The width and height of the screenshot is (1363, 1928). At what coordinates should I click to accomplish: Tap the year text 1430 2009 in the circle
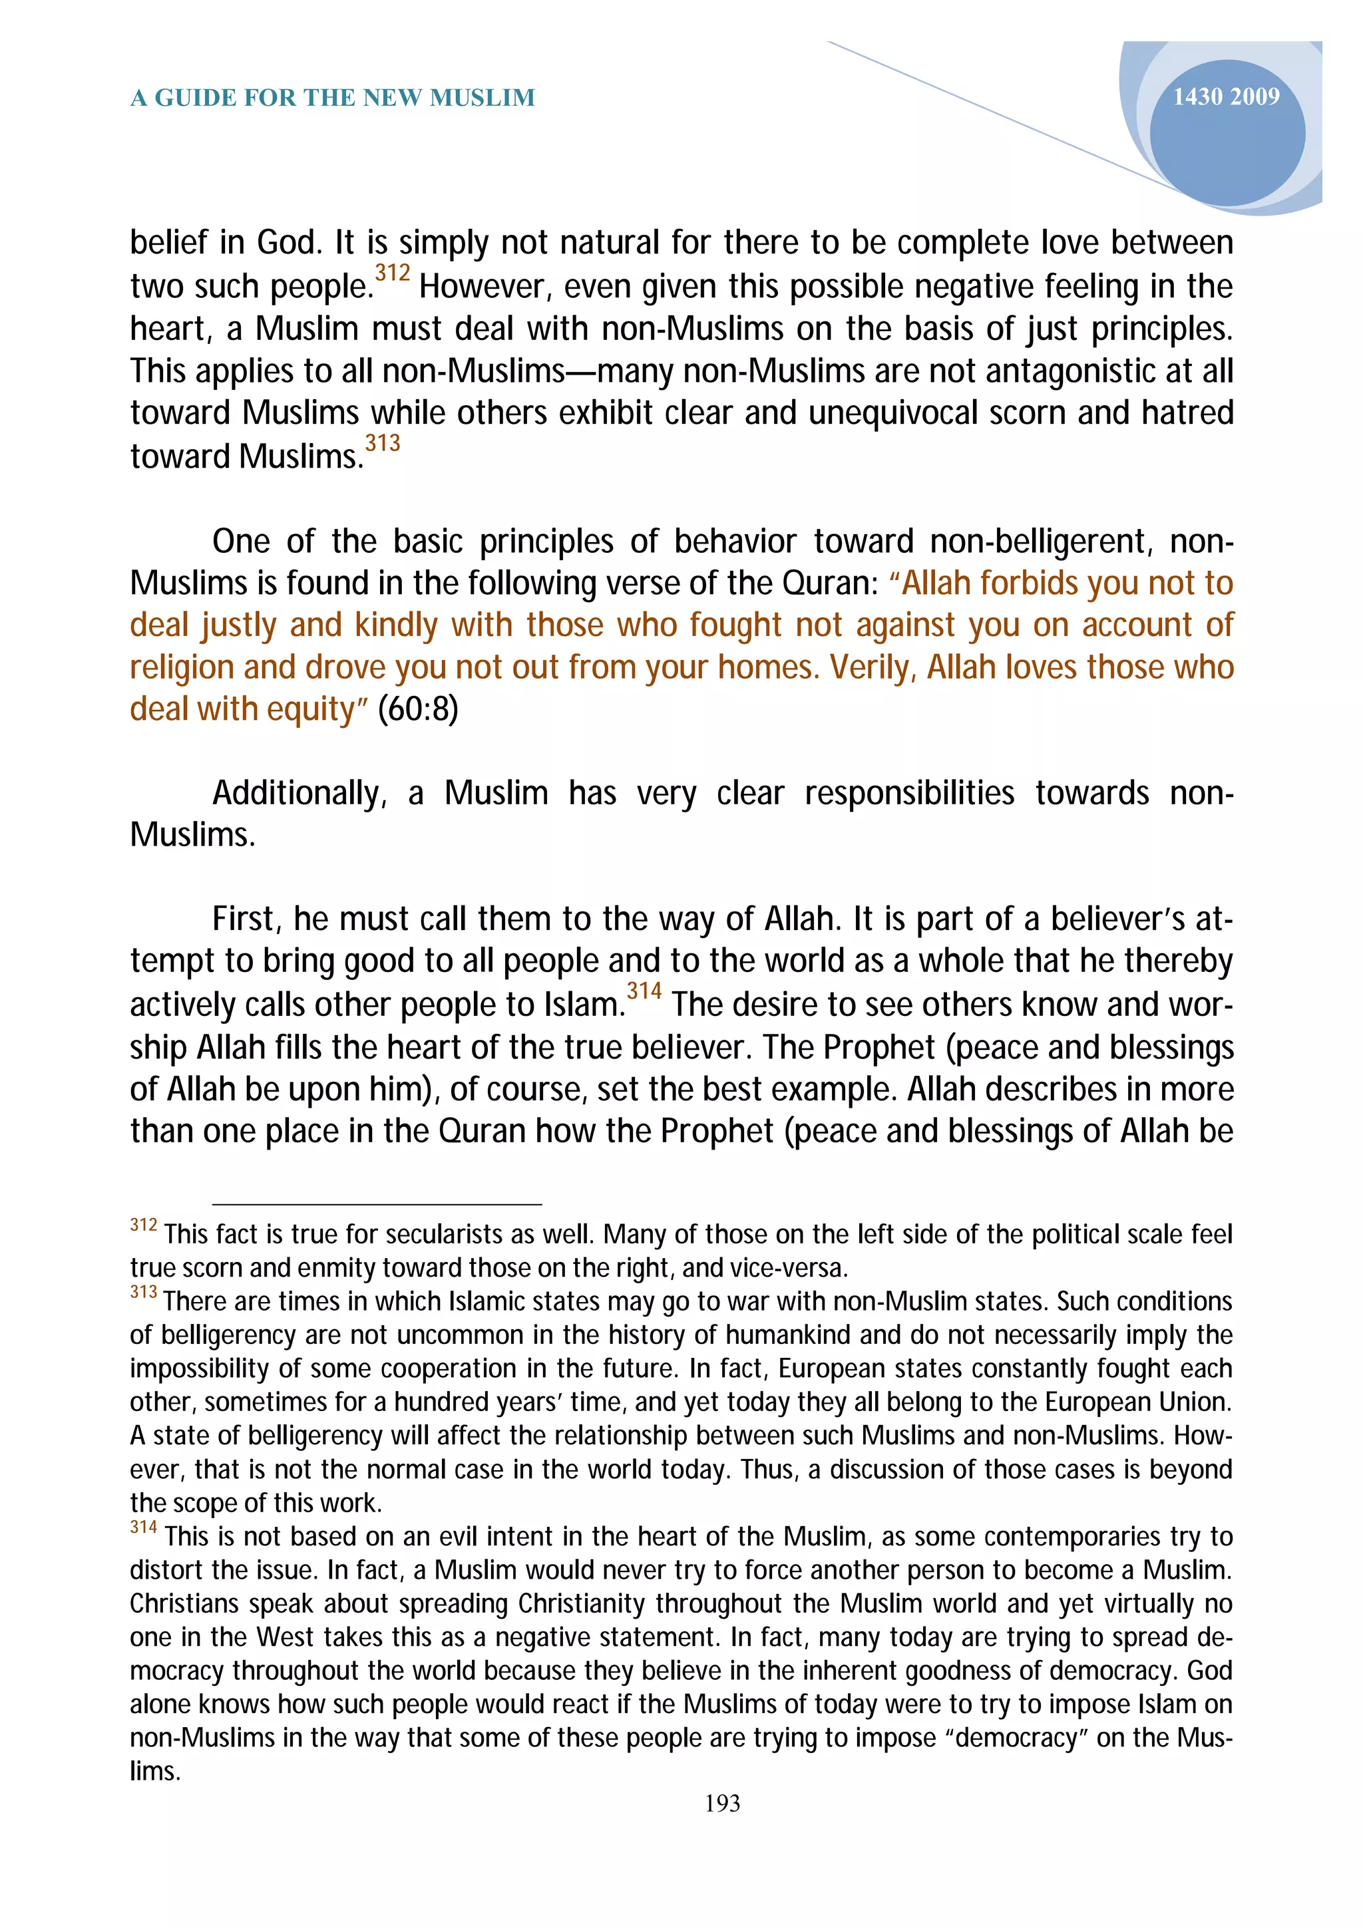1225,96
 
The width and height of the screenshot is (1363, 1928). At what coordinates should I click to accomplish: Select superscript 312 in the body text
392,273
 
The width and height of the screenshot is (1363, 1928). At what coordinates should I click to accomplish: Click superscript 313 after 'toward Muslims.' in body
382,442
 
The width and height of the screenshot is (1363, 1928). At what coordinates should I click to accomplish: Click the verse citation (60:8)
418,710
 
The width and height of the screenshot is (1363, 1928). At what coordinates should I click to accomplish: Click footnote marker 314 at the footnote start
144,1527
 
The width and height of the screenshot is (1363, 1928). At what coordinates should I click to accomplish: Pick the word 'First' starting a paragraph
244,919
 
